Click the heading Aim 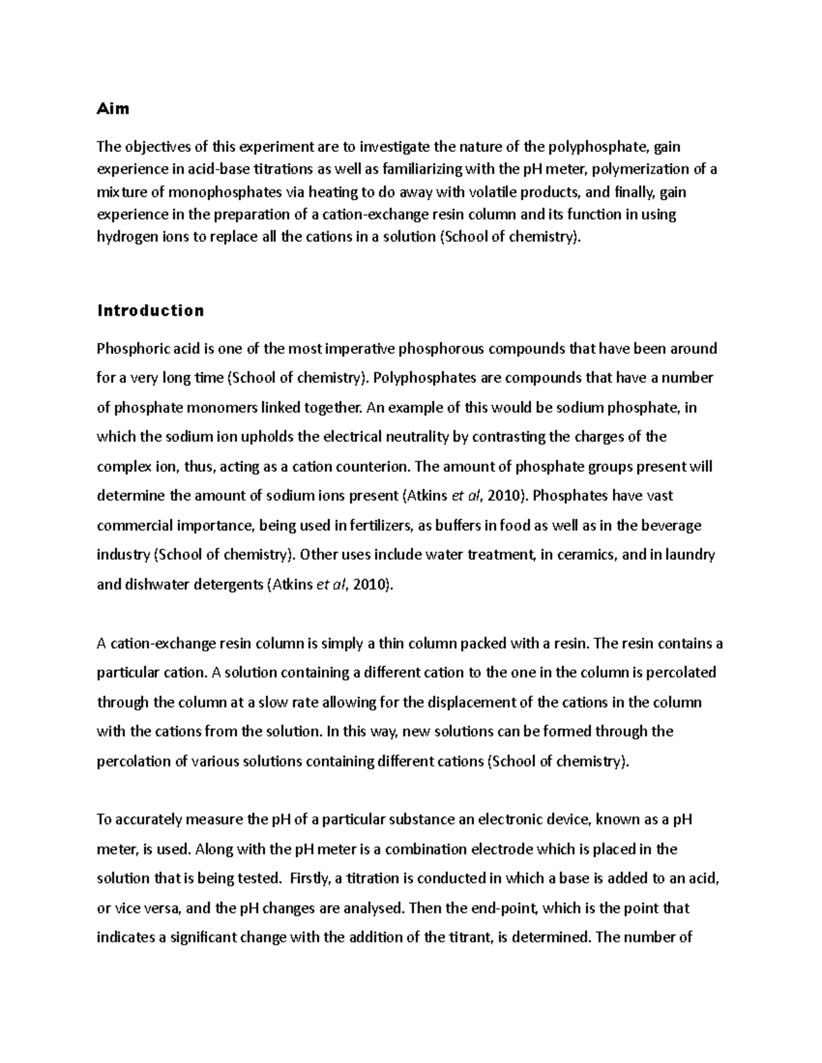[113, 108]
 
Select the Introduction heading [151, 311]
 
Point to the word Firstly [310, 879]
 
